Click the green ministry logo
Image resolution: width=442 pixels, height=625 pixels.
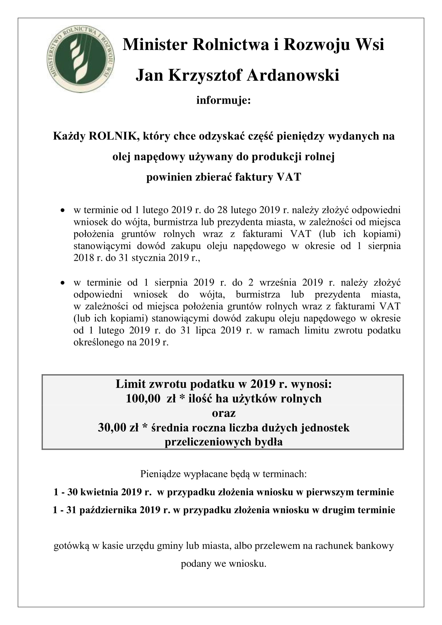coord(80,59)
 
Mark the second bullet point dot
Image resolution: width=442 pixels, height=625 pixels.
coord(63,283)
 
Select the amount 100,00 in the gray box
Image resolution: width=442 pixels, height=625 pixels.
coord(143,398)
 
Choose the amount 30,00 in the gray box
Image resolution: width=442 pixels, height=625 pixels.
coord(112,428)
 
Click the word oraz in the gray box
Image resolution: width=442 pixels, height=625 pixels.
coord(223,413)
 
